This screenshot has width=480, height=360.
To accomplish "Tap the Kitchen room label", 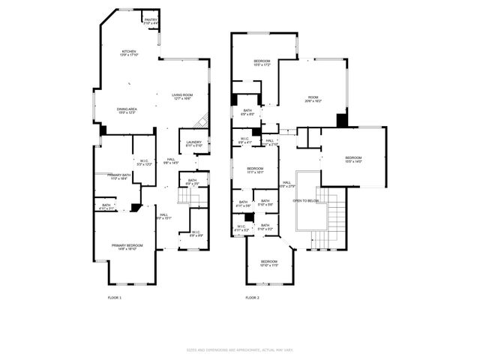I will click(x=124, y=53).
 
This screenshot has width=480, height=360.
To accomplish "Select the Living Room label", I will click(x=183, y=96).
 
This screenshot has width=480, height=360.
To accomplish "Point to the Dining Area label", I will click(x=126, y=111).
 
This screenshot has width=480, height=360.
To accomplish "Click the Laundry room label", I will click(x=194, y=143).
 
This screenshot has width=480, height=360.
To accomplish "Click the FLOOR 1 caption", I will click(x=114, y=298).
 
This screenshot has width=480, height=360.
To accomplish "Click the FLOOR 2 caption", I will click(x=252, y=298).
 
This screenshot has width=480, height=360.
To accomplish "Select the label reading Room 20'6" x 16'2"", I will click(x=312, y=98).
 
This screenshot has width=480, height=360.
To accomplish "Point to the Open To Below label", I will click(x=305, y=201).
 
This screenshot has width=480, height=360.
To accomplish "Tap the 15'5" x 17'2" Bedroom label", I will click(x=262, y=62).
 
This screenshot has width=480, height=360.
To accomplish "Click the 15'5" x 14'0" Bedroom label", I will click(x=353, y=159).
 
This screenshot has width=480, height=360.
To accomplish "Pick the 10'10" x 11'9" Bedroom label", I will click(x=269, y=262).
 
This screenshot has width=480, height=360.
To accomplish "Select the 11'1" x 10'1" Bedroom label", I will click(x=255, y=170).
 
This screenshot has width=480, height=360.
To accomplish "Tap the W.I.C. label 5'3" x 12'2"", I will click(x=145, y=162).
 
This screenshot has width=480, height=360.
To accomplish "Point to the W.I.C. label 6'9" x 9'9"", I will click(x=196, y=234).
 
